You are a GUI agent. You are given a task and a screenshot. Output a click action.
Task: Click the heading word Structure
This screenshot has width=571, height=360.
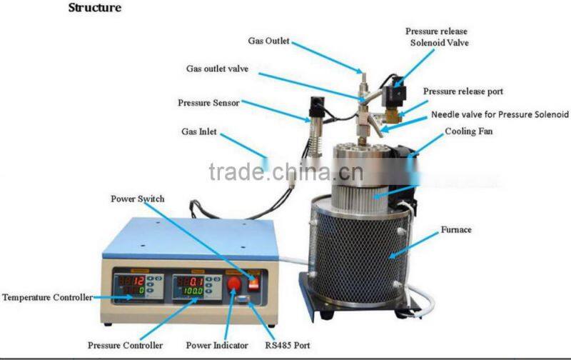point(95,8)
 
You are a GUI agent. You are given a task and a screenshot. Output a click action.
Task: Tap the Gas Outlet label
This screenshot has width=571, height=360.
point(269,41)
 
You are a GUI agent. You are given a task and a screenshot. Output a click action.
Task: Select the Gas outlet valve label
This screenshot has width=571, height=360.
point(217,69)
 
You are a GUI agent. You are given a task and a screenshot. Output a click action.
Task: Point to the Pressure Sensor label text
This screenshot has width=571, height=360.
point(208,103)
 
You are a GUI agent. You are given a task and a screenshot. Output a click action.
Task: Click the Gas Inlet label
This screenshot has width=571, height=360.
point(199,131)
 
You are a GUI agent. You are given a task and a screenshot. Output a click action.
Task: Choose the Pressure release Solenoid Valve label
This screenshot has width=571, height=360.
point(437,37)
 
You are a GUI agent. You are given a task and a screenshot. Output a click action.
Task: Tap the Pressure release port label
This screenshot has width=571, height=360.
point(463,91)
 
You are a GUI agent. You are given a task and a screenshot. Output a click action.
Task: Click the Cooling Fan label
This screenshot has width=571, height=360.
point(469,131)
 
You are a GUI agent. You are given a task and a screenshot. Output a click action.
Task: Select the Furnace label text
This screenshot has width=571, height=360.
point(456,229)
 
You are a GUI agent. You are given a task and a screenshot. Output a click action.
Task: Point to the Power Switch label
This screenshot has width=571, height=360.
point(138,199)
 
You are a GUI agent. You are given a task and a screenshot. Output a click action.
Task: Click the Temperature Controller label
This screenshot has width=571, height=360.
point(47,297)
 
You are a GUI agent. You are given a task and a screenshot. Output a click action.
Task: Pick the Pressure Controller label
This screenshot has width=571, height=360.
point(125,345)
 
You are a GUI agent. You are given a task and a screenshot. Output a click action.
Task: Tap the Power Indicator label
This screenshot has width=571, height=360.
point(217,345)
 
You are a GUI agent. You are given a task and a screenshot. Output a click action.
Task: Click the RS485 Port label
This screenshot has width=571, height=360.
point(288,345)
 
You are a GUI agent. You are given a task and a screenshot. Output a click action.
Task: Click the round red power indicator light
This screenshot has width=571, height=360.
point(234,283)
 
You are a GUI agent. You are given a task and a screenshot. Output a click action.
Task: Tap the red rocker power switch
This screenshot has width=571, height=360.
point(254,283)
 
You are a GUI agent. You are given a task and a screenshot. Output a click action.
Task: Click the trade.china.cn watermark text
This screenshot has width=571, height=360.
point(286,171)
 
